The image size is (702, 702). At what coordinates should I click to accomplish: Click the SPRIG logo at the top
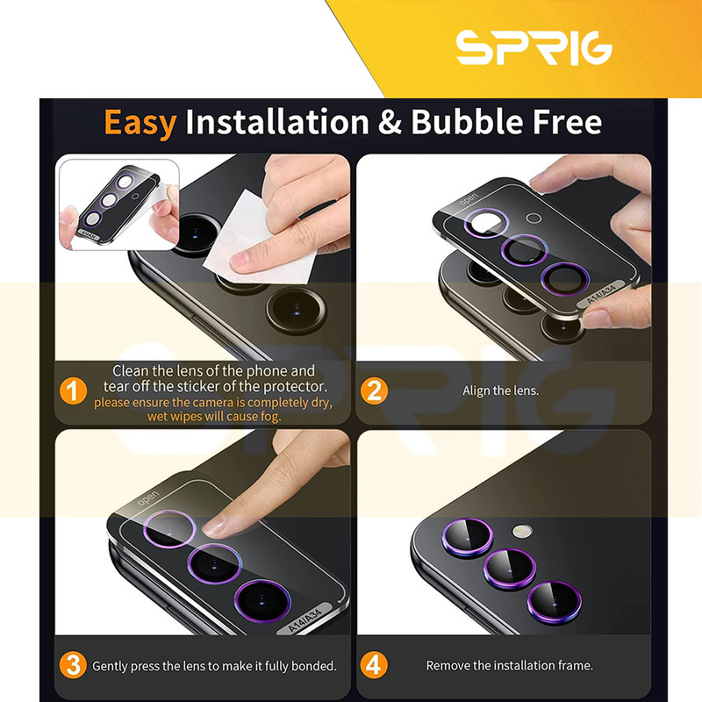point(534,47)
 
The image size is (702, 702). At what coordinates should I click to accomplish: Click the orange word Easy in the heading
point(140,122)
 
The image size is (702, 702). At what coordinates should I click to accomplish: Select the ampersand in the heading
point(390,122)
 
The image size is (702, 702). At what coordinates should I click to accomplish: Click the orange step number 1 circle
point(73,390)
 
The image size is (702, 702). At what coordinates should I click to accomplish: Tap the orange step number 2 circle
point(375,390)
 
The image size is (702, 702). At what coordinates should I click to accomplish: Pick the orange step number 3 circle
point(73,665)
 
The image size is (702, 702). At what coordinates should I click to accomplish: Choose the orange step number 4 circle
point(374,665)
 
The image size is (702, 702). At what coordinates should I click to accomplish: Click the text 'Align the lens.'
point(500,390)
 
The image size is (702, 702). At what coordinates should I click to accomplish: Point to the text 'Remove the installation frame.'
point(510,666)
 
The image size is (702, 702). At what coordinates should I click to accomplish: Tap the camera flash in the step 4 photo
point(522,532)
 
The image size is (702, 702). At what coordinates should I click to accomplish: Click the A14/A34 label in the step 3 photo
point(305,620)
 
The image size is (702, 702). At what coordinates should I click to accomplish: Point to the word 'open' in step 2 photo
point(469,198)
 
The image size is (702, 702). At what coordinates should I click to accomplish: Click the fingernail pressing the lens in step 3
point(215,527)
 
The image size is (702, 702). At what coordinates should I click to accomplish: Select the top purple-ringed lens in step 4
point(468,537)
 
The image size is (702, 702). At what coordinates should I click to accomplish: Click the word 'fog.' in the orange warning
point(270,417)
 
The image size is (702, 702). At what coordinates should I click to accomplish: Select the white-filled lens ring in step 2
point(485,223)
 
